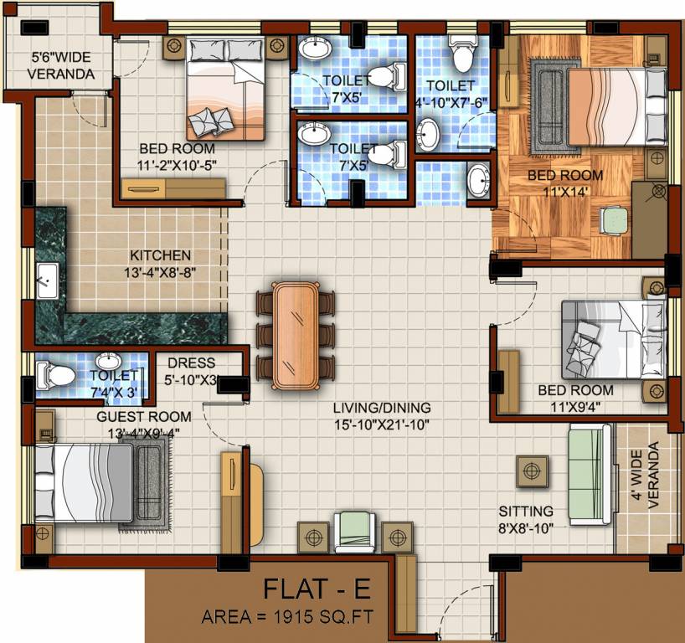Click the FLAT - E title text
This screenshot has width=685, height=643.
tap(317, 589)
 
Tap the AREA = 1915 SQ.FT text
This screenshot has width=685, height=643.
tap(287, 618)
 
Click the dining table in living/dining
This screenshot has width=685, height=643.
tap(295, 334)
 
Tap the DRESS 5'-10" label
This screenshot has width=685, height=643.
tap(192, 371)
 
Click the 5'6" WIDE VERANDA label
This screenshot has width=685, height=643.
tap(59, 66)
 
